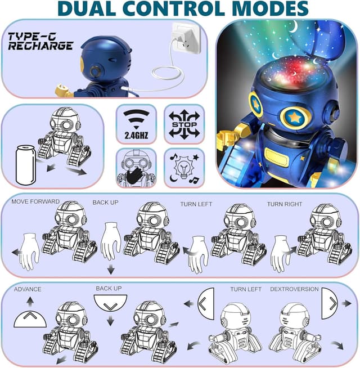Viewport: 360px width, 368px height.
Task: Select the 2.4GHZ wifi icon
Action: coord(136,124)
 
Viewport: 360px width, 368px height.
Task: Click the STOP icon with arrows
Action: coord(184,124)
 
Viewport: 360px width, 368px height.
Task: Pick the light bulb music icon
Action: coord(184,168)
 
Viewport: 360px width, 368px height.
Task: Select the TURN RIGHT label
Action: coord(284,204)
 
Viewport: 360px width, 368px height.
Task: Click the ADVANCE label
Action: coord(28,289)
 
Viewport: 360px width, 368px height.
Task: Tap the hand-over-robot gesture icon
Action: coord(135,168)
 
